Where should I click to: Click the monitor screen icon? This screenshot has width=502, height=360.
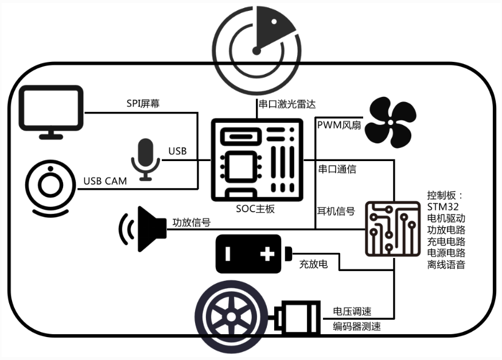click(x=50, y=111)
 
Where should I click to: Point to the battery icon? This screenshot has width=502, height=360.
click(x=250, y=253)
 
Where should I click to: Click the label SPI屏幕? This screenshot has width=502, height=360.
click(x=143, y=104)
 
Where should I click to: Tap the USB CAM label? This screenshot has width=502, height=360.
click(x=105, y=181)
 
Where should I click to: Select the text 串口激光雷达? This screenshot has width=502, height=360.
click(x=287, y=104)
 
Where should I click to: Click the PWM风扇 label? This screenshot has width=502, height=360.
click(x=339, y=124)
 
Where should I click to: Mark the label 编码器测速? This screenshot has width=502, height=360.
click(x=356, y=327)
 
